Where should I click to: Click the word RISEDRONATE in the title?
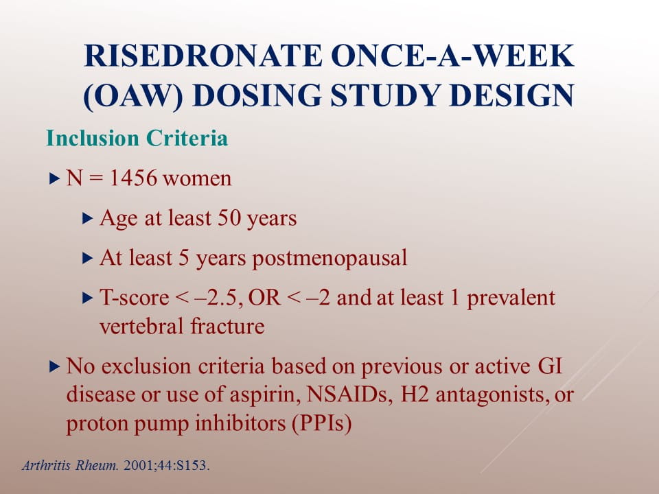tap(203, 55)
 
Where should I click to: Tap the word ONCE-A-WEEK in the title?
tap(452, 55)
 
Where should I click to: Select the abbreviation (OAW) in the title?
tap(133, 96)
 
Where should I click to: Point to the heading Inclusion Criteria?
tap(137, 138)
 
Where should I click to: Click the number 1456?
tap(133, 178)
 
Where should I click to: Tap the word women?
tap(197, 178)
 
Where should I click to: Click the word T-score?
tap(134, 297)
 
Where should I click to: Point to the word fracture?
tap(227, 326)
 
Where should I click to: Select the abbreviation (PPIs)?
tap(322, 423)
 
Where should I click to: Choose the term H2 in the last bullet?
tap(414, 394)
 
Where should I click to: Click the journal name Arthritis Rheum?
tap(70, 465)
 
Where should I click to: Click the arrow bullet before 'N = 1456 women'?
tap(55, 178)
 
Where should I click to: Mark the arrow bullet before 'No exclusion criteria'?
tap(55, 366)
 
